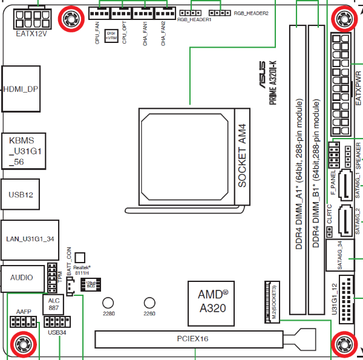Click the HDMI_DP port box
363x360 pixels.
pyautogui.click(x=22, y=88)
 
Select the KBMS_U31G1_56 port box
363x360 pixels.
pyautogui.click(x=22, y=150)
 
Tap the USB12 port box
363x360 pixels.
pyautogui.click(x=21, y=195)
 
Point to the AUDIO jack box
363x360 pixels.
pyautogui.click(x=22, y=278)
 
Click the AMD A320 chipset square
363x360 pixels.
pyautogui.click(x=213, y=301)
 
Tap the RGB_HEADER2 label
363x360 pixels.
pyautogui.click(x=250, y=13)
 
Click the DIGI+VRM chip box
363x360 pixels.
pyautogui.click(x=111, y=36)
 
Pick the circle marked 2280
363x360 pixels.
pyautogui.click(x=108, y=303)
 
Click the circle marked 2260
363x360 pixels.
pyautogui.click(x=149, y=303)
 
